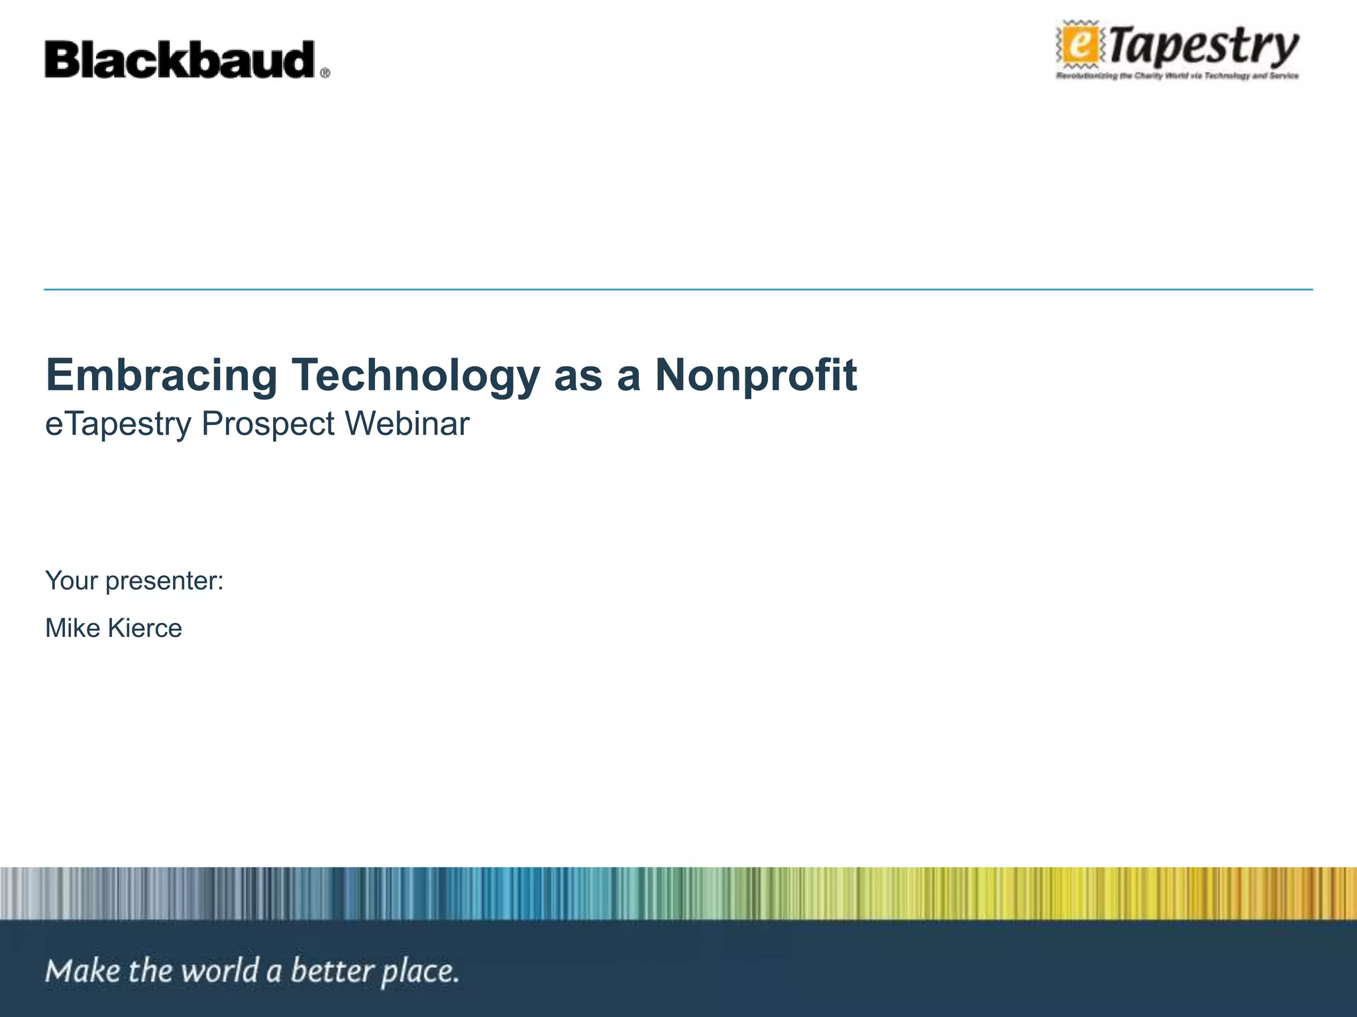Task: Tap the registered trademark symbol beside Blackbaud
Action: pos(325,73)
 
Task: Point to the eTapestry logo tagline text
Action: pos(1177,76)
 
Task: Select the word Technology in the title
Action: pos(416,375)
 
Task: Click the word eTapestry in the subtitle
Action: pos(118,424)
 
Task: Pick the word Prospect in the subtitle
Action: pos(268,424)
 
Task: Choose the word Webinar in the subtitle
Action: pos(407,424)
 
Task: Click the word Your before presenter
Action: pos(71,581)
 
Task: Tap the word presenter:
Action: pos(164,581)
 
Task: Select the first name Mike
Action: pos(72,628)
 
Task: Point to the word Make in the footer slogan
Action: pos(83,971)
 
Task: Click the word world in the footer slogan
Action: pos(219,971)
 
